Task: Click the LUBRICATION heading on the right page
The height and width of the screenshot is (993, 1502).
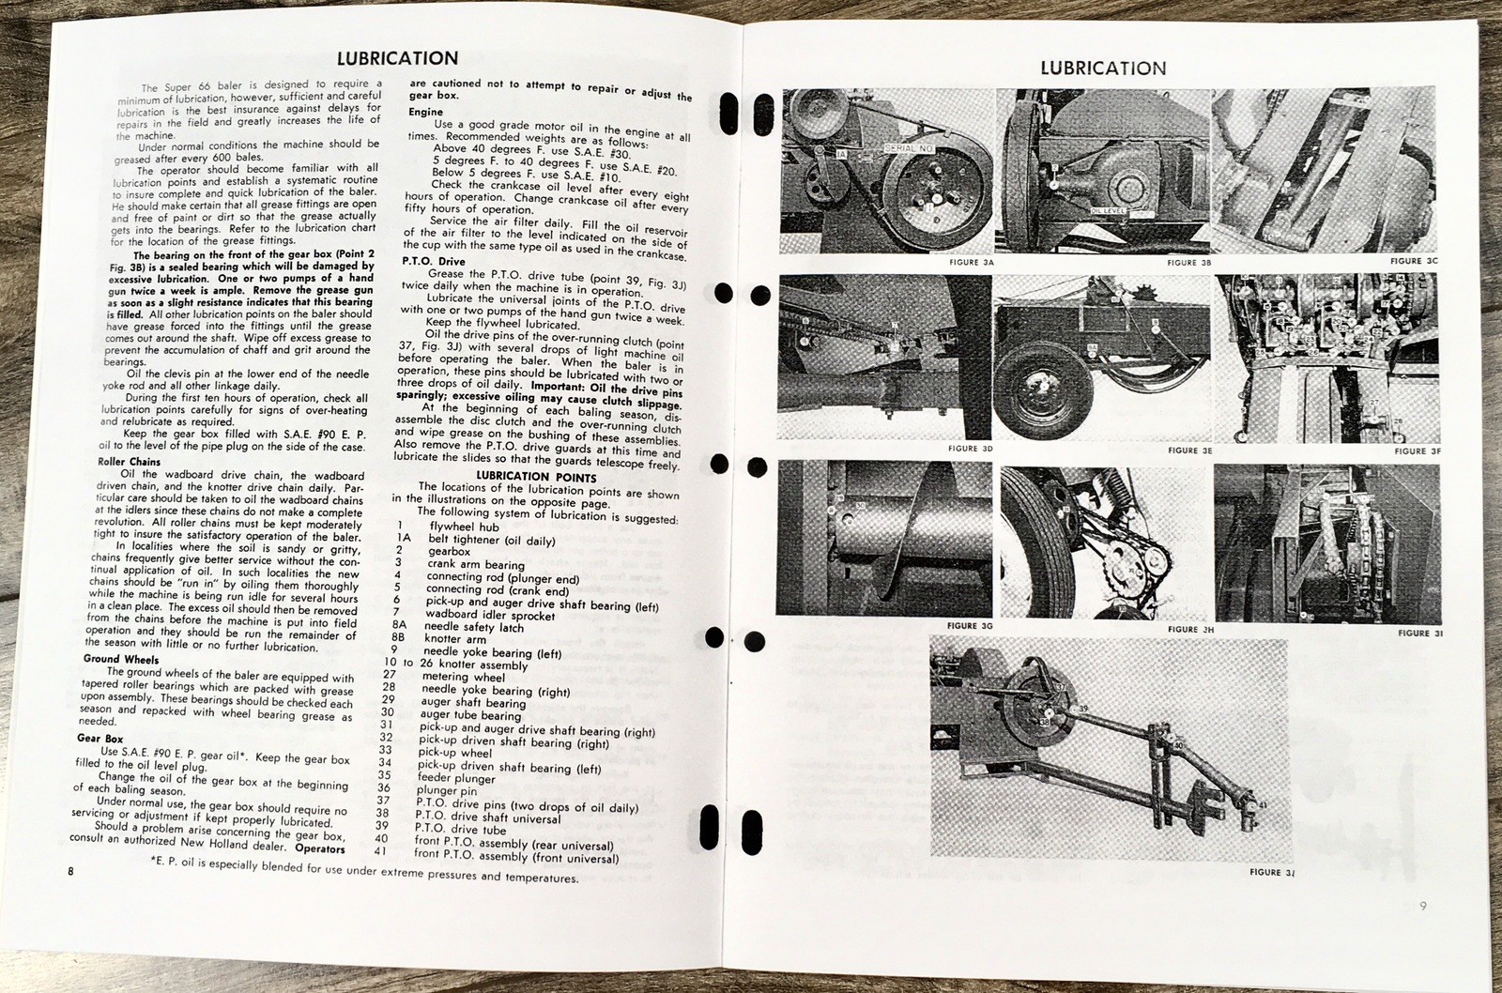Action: click(x=1103, y=68)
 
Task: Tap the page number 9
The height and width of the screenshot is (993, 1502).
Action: click(x=1423, y=906)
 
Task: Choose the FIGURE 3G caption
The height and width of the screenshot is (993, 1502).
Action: click(x=970, y=625)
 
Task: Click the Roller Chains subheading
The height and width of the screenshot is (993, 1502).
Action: click(x=130, y=462)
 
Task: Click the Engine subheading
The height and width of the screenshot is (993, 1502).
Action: click(x=426, y=112)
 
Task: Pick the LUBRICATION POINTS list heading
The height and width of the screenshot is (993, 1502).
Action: click(x=536, y=477)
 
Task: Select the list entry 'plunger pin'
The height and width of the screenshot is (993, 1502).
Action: click(x=446, y=791)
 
